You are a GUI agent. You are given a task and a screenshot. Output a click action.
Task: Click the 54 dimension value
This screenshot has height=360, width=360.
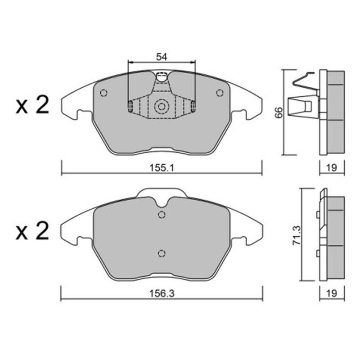(x=162, y=57)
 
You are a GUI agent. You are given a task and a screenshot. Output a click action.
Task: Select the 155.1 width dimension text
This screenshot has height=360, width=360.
(x=162, y=168)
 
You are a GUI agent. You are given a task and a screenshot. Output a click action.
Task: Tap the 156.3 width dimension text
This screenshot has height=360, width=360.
(x=162, y=293)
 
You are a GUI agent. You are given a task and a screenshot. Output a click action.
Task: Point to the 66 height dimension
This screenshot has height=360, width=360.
(x=279, y=112)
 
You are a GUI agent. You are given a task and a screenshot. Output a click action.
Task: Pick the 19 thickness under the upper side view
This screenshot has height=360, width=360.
(x=332, y=168)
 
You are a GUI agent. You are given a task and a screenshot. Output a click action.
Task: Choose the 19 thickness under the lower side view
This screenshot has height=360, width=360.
(x=332, y=293)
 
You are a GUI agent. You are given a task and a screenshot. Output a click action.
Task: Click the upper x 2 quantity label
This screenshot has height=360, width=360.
(x=32, y=105)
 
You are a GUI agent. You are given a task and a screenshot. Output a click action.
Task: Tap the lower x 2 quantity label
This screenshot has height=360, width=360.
(x=32, y=231)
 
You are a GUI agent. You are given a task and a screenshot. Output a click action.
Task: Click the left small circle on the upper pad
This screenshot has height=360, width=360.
(x=103, y=93)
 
